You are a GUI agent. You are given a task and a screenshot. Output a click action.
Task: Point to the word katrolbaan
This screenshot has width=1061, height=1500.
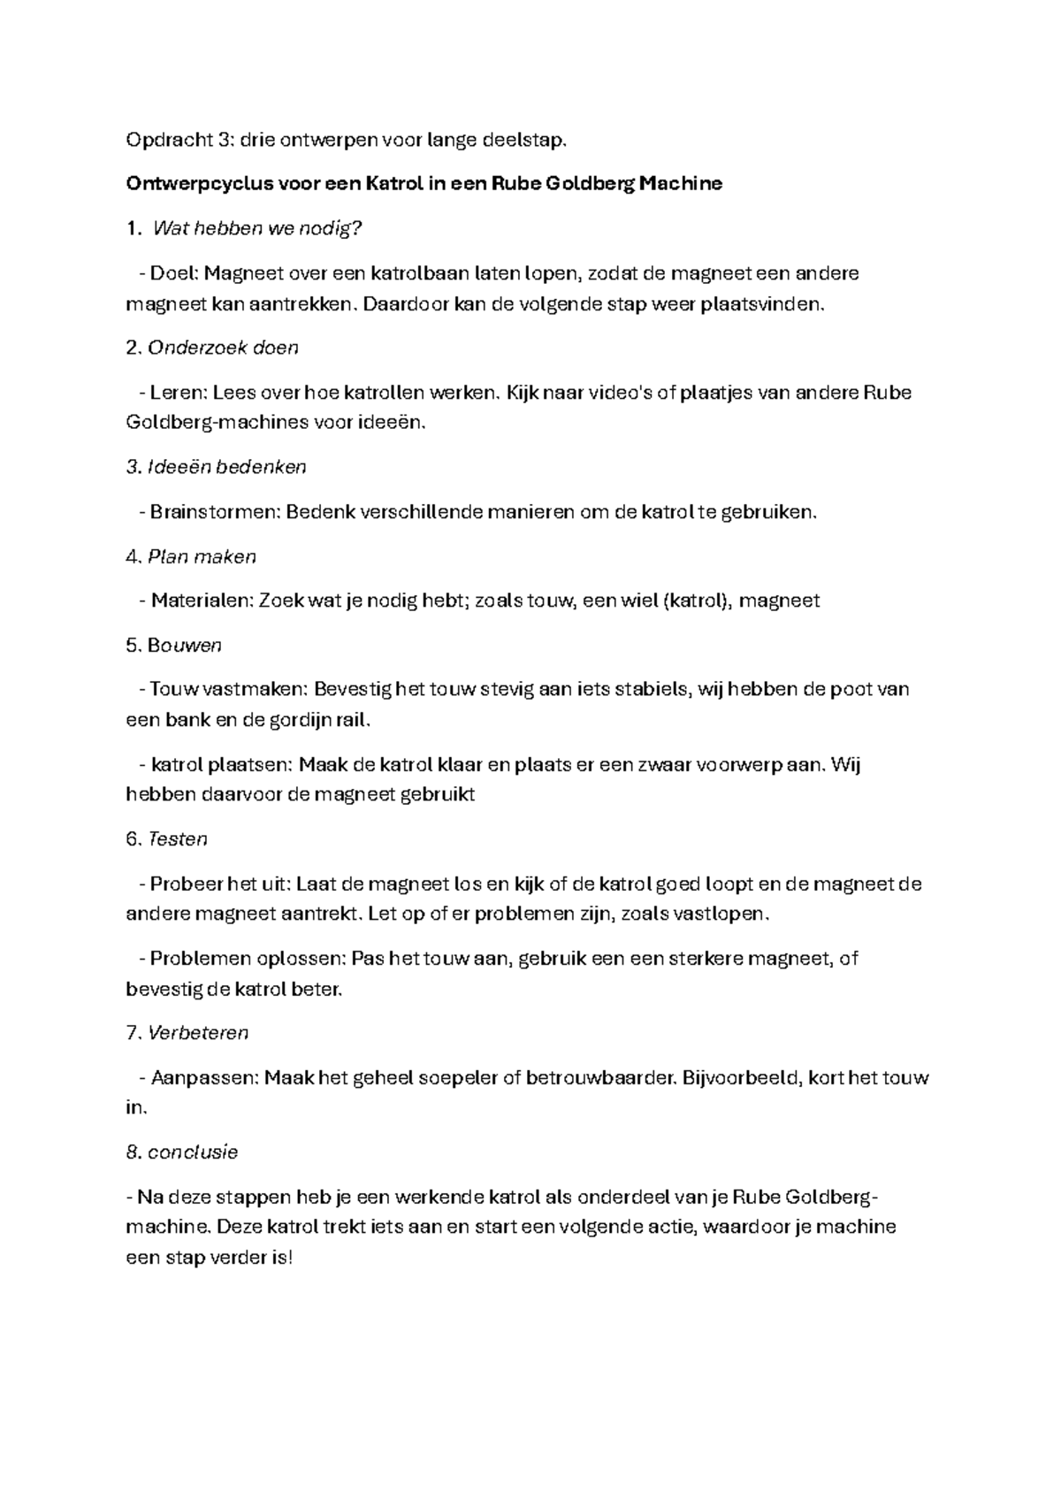point(420,273)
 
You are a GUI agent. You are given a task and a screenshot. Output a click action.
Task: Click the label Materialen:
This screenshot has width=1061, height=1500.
point(202,601)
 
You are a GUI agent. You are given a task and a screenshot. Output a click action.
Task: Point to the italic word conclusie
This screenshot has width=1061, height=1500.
point(193,1152)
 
